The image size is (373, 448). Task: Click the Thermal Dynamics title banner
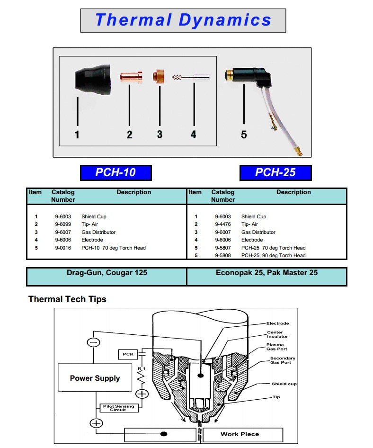(x=183, y=20)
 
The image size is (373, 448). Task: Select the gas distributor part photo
(x=159, y=76)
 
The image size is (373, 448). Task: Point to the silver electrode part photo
(x=192, y=77)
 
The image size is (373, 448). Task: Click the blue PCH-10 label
(x=115, y=172)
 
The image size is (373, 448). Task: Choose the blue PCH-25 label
(x=275, y=172)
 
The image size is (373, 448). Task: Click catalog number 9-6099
(x=63, y=224)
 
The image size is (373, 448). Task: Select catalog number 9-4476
(x=223, y=224)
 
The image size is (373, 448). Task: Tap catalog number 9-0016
(x=63, y=248)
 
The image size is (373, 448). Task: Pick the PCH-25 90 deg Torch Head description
(x=273, y=256)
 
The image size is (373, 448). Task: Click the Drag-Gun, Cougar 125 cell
(x=107, y=273)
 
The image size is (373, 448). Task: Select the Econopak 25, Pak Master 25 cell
(x=266, y=273)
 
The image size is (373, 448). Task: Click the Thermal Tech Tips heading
(x=67, y=299)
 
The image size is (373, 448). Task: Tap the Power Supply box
(x=95, y=378)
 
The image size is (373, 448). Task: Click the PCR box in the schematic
(x=128, y=354)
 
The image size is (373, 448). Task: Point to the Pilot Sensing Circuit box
(x=118, y=408)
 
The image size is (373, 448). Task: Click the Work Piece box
(x=240, y=434)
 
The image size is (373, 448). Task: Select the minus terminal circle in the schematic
(x=94, y=342)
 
